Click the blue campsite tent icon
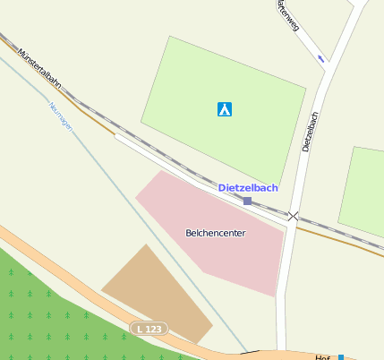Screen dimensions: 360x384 225,109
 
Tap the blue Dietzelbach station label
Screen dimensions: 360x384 248,188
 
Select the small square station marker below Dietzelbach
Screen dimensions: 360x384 248,201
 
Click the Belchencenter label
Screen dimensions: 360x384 215,233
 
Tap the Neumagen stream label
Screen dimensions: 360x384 60,116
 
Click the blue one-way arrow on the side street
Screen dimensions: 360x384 321,59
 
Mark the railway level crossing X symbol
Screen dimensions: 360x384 293,216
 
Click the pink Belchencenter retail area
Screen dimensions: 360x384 242,260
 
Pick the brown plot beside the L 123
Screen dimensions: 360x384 157,291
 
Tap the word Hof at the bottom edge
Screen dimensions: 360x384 323,356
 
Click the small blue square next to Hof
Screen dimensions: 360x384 340,357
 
